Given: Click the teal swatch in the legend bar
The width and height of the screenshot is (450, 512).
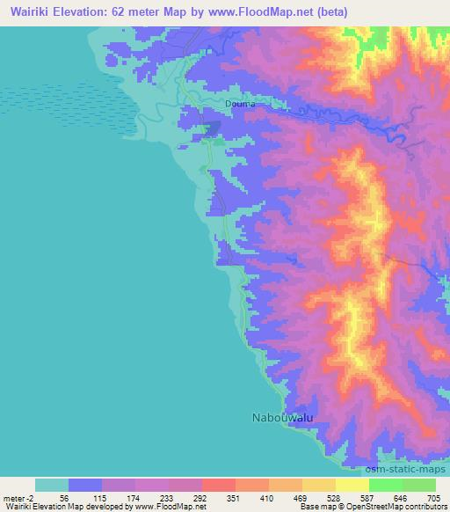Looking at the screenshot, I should tap(52, 485).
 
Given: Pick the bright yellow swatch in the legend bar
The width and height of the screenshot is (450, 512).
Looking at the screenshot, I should tap(352, 485).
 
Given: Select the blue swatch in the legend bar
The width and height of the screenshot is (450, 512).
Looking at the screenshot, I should tap(85, 485).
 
